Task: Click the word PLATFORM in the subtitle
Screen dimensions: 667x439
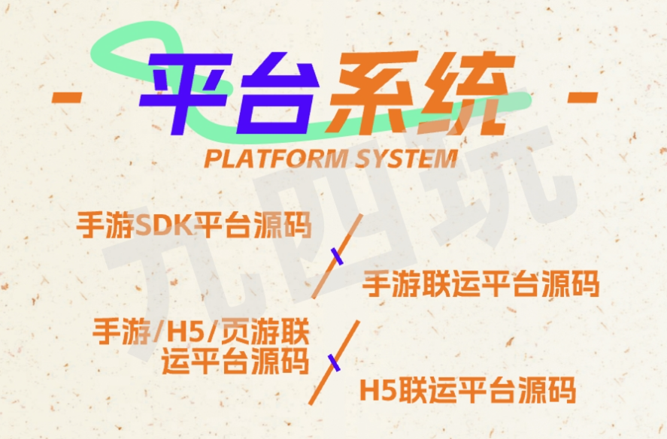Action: point(275,159)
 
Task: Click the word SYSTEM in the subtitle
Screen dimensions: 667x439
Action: point(406,159)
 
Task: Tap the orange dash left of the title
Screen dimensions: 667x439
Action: point(66,97)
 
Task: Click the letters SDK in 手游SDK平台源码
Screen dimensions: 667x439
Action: point(163,225)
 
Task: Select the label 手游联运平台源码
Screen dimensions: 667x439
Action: point(481,283)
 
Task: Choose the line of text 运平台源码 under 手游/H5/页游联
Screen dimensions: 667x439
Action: point(235,361)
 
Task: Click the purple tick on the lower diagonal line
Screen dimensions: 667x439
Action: point(335,362)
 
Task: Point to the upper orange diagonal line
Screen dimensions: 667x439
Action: point(338,256)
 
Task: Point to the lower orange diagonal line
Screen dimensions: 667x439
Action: point(335,362)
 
